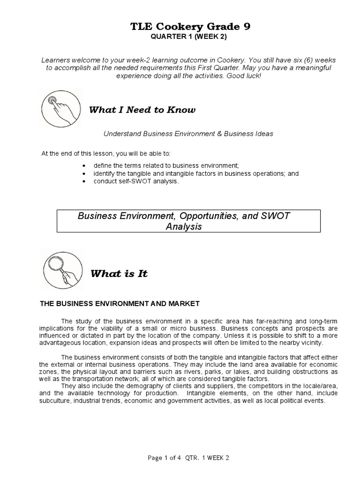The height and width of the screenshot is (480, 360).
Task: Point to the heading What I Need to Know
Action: coord(142,110)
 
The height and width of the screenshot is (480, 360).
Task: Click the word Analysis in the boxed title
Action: coord(183,226)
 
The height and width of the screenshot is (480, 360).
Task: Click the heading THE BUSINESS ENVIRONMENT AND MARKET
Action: coord(120,304)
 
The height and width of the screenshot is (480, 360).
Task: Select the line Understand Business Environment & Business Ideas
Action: coord(188,134)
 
